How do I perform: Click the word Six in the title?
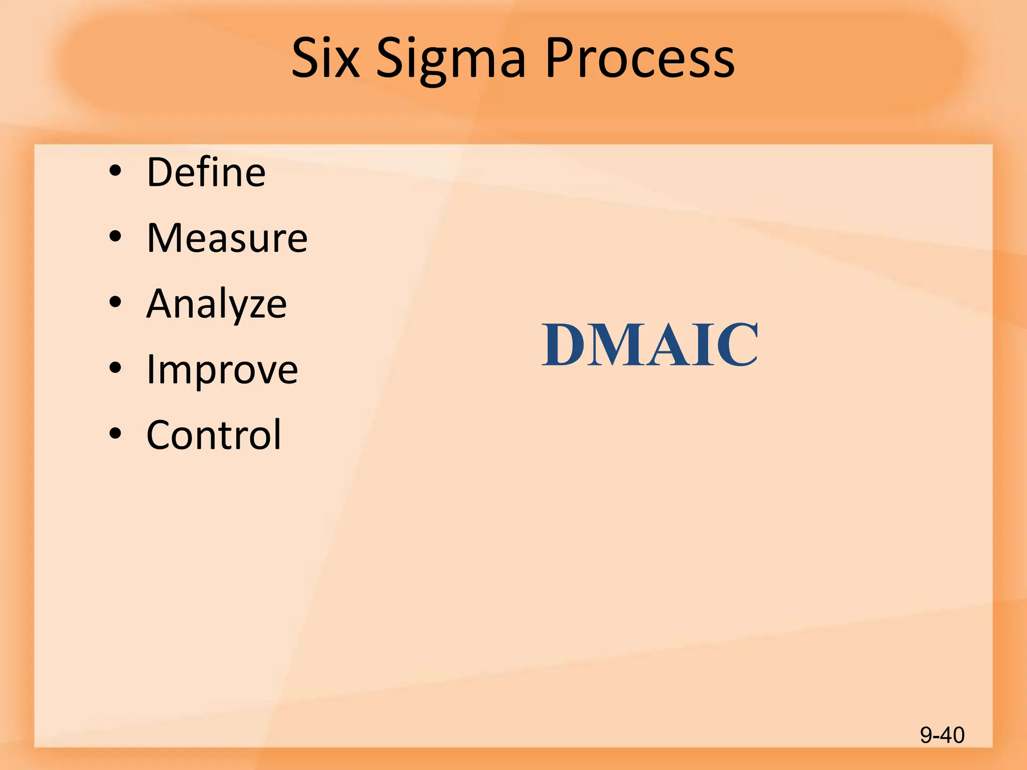tap(325, 58)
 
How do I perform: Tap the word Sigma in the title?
tap(451, 59)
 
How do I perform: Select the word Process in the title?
tap(640, 58)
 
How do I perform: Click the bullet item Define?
tap(206, 172)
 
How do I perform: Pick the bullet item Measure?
tap(227, 238)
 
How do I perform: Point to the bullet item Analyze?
tap(217, 304)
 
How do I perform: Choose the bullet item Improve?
tap(222, 369)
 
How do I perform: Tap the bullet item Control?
tap(214, 435)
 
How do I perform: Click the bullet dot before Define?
tap(115, 171)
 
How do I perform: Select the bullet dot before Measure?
tap(115, 237)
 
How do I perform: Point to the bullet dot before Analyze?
tap(115, 302)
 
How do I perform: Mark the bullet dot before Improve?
tap(115, 368)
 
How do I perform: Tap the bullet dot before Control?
tap(115, 433)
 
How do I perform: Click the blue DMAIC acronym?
tap(650, 344)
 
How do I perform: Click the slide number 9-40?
tap(942, 735)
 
